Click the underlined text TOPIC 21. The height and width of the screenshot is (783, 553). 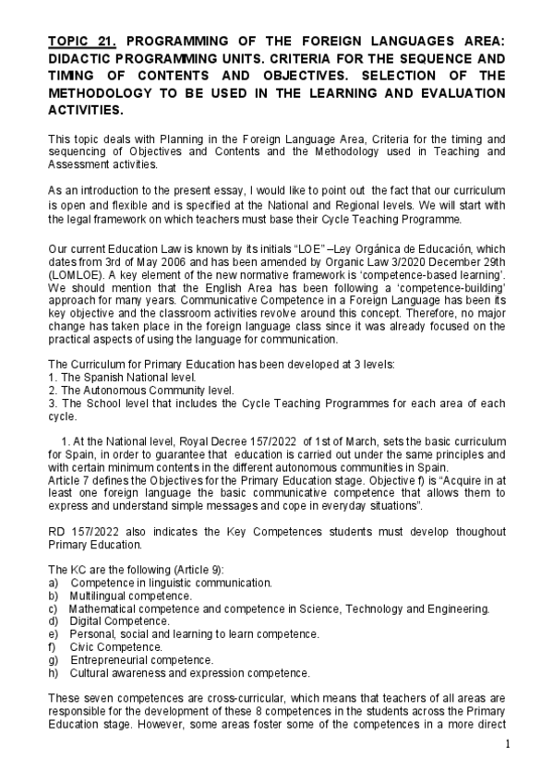(81, 42)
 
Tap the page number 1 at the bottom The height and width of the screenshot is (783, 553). (507, 744)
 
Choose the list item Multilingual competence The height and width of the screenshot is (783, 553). (130, 596)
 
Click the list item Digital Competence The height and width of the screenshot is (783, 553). (119, 621)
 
